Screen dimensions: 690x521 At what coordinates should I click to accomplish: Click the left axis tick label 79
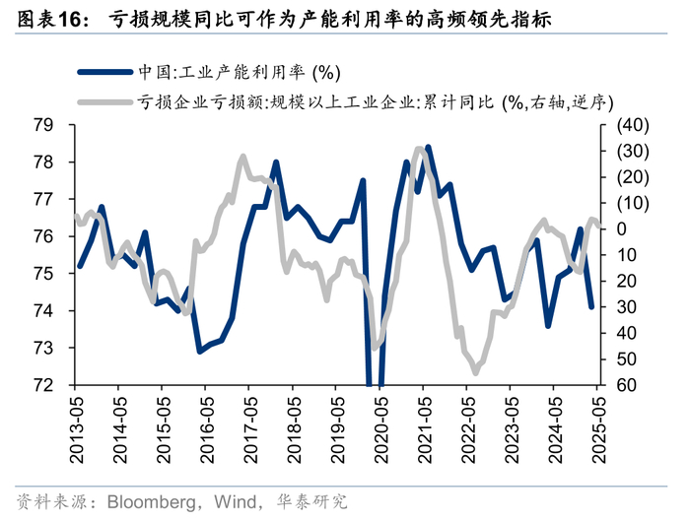tap(43, 125)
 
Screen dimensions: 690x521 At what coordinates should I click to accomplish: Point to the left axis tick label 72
tap(43, 385)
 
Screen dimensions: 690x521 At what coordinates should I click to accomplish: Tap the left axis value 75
tap(43, 274)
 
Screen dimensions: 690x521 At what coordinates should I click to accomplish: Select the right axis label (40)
tap(633, 125)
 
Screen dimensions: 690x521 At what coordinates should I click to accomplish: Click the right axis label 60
tap(627, 385)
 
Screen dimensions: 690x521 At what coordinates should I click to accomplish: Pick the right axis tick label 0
tap(622, 229)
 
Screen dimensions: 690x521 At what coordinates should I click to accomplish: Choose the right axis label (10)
tap(633, 203)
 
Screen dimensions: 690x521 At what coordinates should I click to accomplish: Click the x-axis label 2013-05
tap(77, 429)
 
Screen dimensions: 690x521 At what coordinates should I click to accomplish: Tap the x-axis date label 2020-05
tap(381, 429)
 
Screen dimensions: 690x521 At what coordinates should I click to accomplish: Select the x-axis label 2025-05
tap(599, 429)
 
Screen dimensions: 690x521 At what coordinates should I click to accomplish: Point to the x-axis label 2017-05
tap(250, 429)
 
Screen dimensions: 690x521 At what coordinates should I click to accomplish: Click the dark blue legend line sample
tap(104, 72)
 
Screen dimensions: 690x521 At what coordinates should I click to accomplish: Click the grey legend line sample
tap(104, 102)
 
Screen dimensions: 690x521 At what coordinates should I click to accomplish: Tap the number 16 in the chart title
tap(69, 20)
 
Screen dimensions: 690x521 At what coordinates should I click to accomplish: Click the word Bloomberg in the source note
tap(152, 501)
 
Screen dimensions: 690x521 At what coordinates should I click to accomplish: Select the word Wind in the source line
tap(236, 501)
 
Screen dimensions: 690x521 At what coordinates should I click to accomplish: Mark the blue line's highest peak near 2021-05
tap(428, 148)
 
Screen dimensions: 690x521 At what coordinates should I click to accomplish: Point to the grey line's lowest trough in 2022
tap(476, 373)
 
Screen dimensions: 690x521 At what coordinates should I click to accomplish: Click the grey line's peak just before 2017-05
tap(242, 156)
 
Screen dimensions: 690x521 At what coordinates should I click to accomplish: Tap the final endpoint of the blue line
tap(591, 306)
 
